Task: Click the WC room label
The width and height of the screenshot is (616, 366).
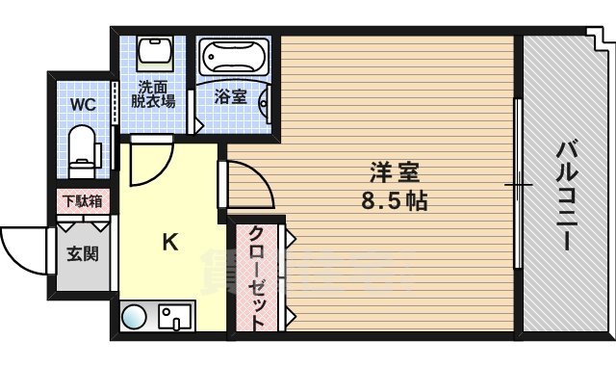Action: pyautogui.click(x=82, y=104)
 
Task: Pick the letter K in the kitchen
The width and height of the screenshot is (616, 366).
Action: pyautogui.click(x=168, y=243)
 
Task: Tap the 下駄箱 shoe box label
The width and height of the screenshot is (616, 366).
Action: pyautogui.click(x=82, y=202)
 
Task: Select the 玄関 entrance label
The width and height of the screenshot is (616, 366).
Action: pyautogui.click(x=81, y=254)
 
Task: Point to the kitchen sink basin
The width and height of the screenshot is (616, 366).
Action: pyautogui.click(x=175, y=316)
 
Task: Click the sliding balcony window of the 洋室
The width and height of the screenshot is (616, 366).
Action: pyautogui.click(x=518, y=183)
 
